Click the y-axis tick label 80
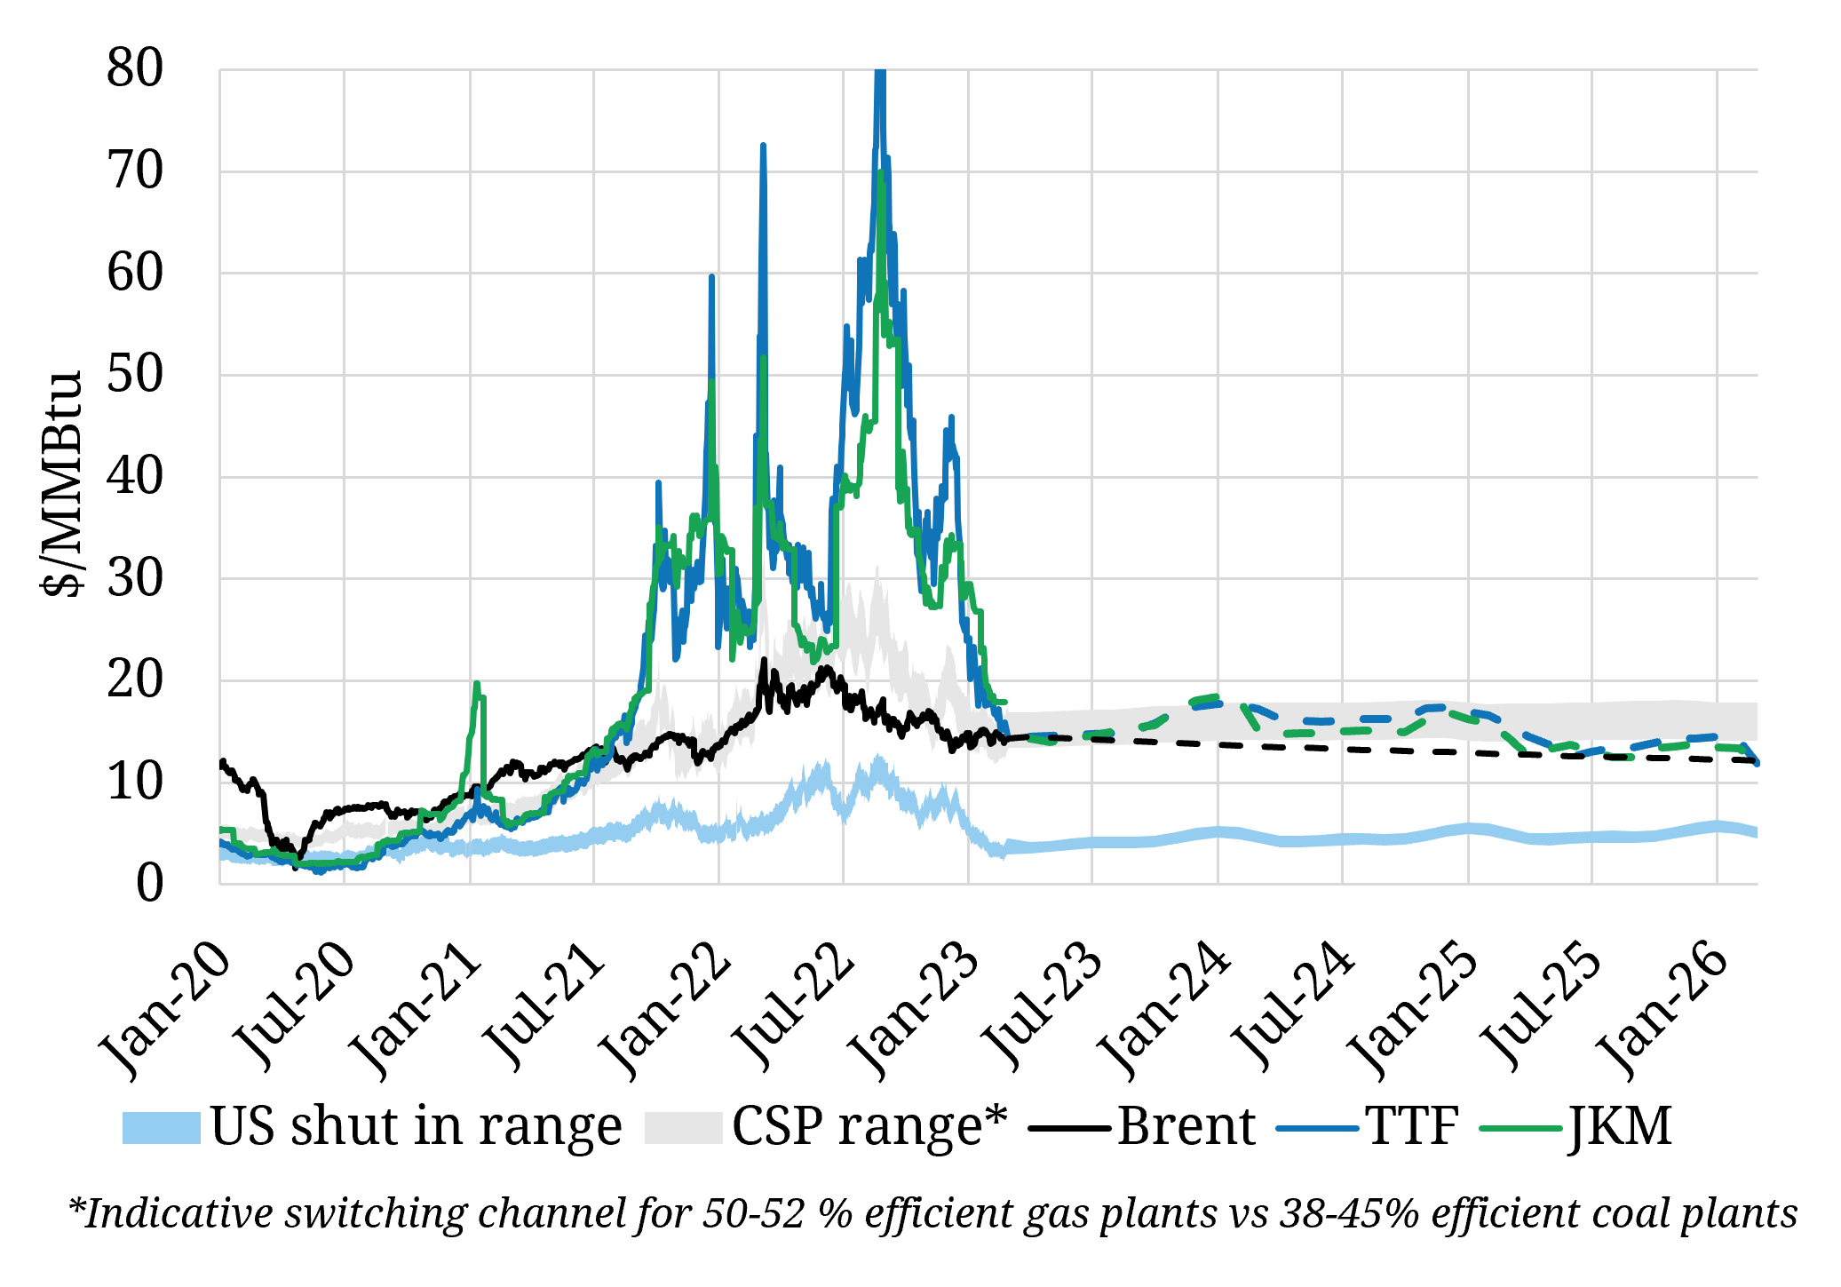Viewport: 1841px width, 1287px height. (x=135, y=68)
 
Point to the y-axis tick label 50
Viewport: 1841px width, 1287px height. (x=135, y=374)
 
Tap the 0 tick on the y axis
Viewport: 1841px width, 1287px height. (x=149, y=884)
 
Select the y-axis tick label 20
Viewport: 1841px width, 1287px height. (x=135, y=680)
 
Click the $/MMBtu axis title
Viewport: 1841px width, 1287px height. (x=62, y=484)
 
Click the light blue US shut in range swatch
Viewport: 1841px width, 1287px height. (x=161, y=1128)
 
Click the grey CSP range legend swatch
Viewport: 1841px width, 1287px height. (x=683, y=1128)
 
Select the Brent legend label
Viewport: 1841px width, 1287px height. (x=1186, y=1126)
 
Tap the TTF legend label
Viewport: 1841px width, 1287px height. (x=1412, y=1126)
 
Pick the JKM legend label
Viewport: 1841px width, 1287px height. (x=1621, y=1126)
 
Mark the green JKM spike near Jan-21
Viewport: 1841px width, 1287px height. (x=477, y=685)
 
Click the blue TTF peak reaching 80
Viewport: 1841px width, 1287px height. (x=880, y=75)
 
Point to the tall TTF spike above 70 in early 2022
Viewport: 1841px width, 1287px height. (x=763, y=147)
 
